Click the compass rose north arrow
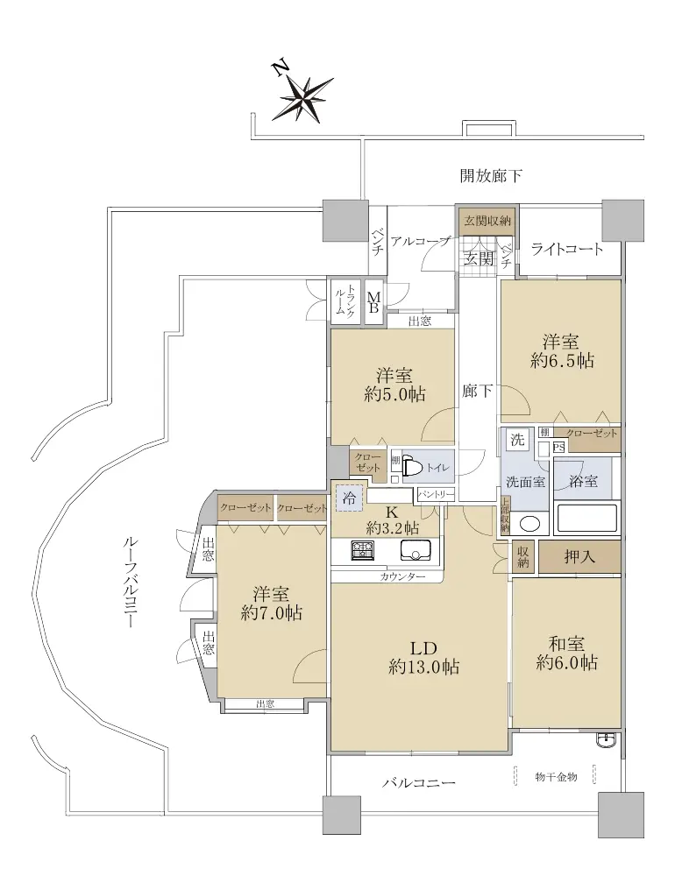coord(303,98)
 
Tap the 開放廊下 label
coord(491,176)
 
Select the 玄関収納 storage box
coord(487,220)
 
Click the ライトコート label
coord(567,249)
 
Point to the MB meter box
coord(373,302)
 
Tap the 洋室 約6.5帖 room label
coord(561,351)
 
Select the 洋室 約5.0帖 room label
coord(394,385)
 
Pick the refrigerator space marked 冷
coord(349,498)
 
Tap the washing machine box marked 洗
coord(517,439)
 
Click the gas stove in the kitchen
coord(362,550)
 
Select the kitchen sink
coord(415,550)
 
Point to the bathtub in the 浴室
coord(586,518)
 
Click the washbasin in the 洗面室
coord(529,523)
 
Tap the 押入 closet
coord(579,556)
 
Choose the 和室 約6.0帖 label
coord(566,653)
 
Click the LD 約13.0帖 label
coord(423,658)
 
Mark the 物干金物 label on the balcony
coord(555,776)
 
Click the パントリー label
coord(436,494)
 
